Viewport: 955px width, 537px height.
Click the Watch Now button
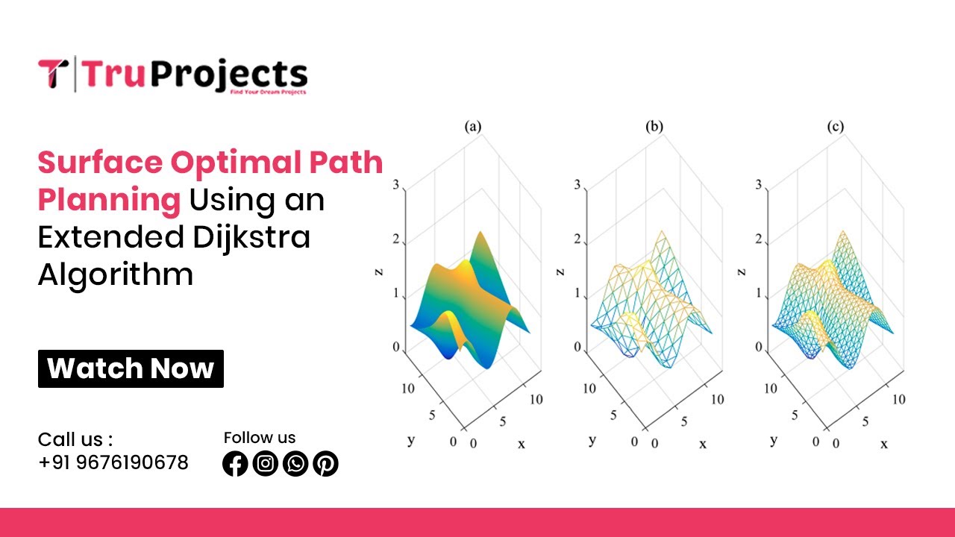point(131,368)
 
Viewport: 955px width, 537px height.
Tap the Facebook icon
point(235,464)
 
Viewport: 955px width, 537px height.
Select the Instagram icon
point(266,464)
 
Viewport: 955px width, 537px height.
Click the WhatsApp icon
point(295,464)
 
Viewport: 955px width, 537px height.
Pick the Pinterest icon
point(325,464)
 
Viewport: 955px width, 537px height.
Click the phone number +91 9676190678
point(113,462)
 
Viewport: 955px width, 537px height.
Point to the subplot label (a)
point(473,127)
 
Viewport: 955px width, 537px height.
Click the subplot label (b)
point(654,127)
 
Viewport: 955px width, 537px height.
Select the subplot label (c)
point(836,127)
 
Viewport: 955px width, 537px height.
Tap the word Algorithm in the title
point(116,274)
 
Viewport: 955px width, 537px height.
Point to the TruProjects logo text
point(194,75)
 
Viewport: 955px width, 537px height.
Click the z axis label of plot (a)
point(378,274)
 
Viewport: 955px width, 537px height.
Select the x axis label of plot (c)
point(884,444)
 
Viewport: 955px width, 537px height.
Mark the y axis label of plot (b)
point(592,440)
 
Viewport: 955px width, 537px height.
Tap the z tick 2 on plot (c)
point(759,239)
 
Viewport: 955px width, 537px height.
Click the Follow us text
point(260,438)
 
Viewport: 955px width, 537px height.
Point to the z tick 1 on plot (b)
point(577,293)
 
